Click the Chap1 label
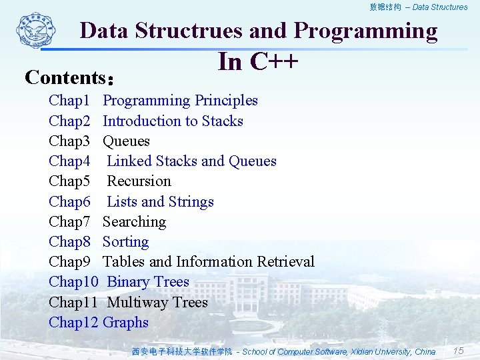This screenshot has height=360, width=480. point(69,101)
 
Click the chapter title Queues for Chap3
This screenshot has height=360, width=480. point(126,141)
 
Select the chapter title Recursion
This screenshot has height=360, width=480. point(139,181)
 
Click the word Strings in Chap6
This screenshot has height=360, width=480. point(191,202)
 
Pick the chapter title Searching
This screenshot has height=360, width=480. point(134,222)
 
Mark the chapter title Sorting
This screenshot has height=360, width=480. point(125,242)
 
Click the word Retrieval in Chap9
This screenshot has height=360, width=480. point(285,262)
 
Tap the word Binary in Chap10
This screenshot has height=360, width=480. point(128,282)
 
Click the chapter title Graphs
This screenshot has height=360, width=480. point(125,323)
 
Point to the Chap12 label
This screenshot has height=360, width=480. point(73,323)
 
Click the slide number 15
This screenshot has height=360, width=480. point(458,351)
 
